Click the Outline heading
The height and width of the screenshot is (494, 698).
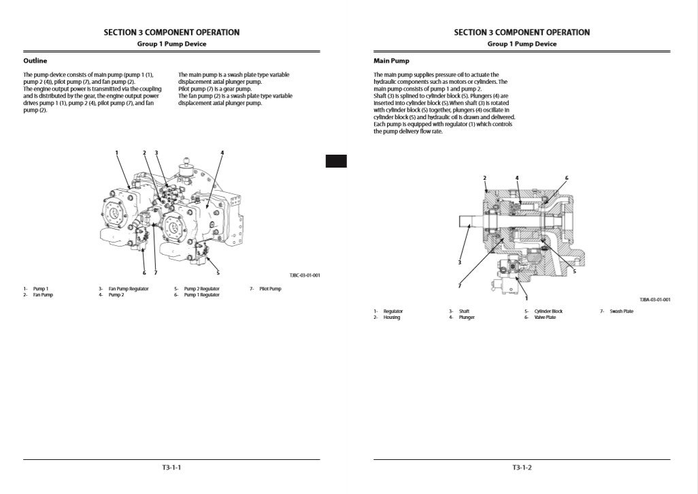(35, 61)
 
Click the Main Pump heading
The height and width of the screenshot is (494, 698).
(391, 61)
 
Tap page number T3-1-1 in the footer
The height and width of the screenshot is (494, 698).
(171, 467)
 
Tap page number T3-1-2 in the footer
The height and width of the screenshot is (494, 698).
(522, 467)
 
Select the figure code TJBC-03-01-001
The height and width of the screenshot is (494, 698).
(304, 275)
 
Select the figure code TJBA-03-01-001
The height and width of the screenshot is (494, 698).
(654, 300)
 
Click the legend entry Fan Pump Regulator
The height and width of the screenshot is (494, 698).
(128, 289)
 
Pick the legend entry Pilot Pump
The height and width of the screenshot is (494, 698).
(269, 289)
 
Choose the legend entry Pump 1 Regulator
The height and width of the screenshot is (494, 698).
(201, 295)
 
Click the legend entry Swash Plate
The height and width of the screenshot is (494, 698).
(620, 311)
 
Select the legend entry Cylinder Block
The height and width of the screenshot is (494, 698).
(548, 311)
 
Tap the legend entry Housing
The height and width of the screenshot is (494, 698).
(392, 318)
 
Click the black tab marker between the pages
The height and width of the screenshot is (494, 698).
(336, 161)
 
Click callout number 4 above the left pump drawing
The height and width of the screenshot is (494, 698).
(222, 152)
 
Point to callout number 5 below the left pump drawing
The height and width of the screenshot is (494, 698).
(218, 273)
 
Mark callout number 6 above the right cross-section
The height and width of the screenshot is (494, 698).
(566, 178)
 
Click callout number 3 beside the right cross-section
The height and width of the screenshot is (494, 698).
(460, 262)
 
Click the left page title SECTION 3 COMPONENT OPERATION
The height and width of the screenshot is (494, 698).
(171, 32)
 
